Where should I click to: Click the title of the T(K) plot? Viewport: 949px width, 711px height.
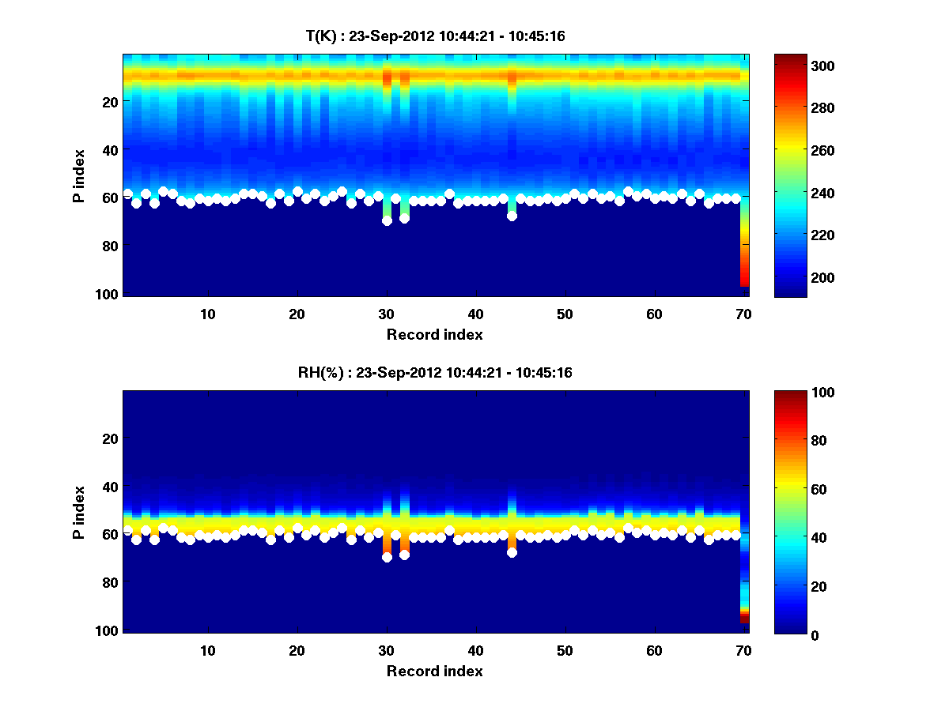(435, 36)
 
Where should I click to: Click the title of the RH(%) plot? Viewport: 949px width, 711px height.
(435, 372)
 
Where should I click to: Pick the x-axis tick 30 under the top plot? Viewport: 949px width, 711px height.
(386, 314)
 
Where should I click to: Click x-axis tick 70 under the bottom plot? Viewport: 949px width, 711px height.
(743, 650)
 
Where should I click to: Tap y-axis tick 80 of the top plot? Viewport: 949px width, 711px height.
(108, 246)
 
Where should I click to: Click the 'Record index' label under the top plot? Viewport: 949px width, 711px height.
(435, 334)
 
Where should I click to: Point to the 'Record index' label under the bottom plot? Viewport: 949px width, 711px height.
(435, 671)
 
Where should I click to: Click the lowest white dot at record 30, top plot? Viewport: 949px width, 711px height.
(387, 221)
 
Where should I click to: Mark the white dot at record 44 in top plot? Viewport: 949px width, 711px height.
(512, 216)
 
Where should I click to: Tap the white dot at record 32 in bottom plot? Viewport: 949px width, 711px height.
(404, 555)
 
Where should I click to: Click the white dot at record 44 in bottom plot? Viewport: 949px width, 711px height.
(512, 552)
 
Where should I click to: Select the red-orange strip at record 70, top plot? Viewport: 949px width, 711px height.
(744, 265)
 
